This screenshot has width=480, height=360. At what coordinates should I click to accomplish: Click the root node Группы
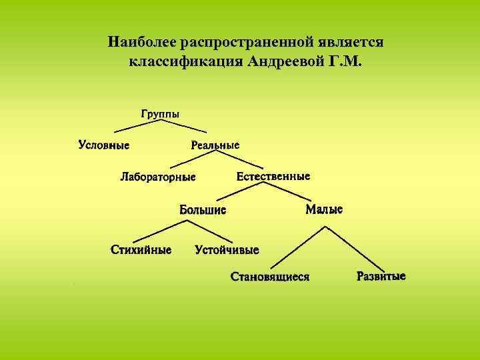click(x=160, y=113)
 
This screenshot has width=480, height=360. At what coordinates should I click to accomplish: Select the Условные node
click(x=103, y=144)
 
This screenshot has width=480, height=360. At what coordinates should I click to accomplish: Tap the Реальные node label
click(x=215, y=144)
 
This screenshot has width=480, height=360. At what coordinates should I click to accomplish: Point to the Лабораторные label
click(x=158, y=177)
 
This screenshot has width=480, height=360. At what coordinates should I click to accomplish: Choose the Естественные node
click(x=273, y=177)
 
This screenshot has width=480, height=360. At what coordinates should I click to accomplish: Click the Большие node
click(x=203, y=210)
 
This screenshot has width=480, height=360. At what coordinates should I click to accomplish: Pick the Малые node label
click(x=324, y=209)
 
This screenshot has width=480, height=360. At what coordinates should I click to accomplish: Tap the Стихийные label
click(x=141, y=250)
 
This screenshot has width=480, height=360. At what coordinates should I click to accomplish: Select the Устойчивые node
click(x=227, y=250)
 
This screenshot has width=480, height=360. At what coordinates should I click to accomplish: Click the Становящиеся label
click(x=270, y=276)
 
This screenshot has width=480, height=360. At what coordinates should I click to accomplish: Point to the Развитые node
click(x=381, y=275)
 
